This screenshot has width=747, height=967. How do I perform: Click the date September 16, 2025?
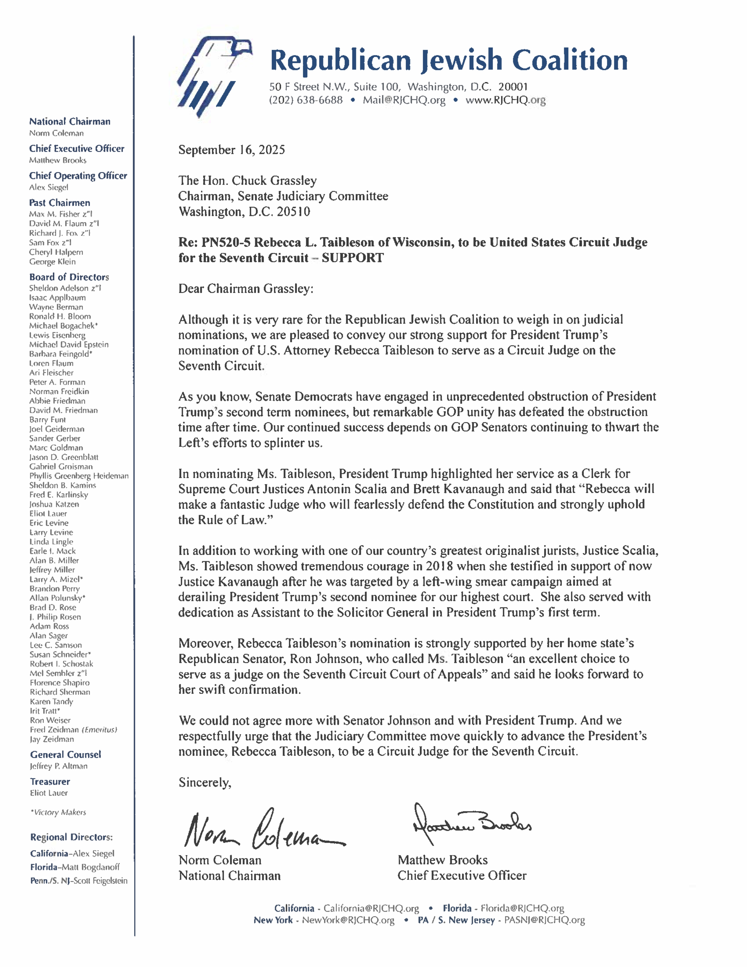[x=231, y=150]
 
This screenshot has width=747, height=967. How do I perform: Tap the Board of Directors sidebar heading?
[x=69, y=277]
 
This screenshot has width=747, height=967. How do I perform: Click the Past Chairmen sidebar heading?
[x=60, y=203]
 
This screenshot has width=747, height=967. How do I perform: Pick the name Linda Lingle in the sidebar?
[x=51, y=542]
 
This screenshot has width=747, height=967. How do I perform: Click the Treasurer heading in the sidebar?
[x=50, y=782]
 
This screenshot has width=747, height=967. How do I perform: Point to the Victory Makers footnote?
[x=58, y=812]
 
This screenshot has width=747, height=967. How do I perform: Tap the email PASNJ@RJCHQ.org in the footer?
[x=544, y=920]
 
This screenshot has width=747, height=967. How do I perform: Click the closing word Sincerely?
[x=204, y=782]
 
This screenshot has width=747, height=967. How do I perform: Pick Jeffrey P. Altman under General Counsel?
[x=59, y=766]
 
